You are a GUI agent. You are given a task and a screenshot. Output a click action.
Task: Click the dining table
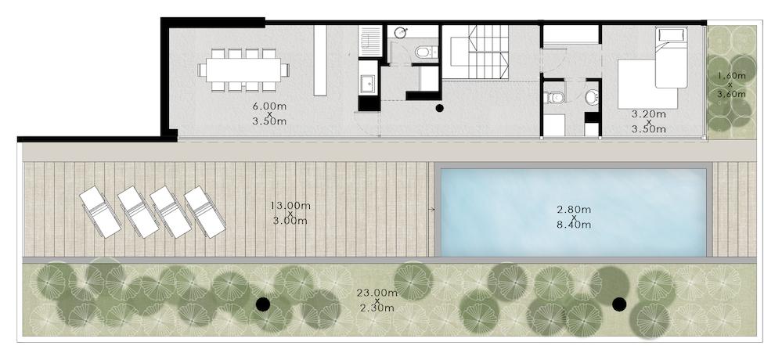(x=243, y=70)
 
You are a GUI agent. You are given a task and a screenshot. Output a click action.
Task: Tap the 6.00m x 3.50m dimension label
(x=269, y=113)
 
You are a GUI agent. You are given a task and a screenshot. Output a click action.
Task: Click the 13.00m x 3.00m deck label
(x=290, y=213)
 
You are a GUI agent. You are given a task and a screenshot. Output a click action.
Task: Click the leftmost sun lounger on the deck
(x=100, y=212)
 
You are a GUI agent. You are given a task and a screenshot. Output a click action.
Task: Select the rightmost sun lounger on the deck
(x=204, y=212)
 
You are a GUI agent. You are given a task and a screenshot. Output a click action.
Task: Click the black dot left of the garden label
(x=263, y=304)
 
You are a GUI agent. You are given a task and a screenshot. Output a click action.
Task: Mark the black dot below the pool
(x=619, y=304)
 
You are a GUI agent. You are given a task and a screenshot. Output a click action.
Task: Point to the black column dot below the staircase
(x=439, y=108)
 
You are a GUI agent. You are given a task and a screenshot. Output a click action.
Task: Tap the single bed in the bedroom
(x=671, y=57)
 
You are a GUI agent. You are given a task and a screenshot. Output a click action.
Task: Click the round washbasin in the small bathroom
(x=401, y=33)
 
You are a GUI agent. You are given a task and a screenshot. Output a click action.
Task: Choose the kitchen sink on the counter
(x=367, y=84)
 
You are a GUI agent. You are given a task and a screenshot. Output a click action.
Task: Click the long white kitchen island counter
(x=320, y=60)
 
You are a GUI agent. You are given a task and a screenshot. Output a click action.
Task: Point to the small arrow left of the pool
(x=431, y=210)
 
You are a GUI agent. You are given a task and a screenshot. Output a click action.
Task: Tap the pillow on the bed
(x=671, y=34)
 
